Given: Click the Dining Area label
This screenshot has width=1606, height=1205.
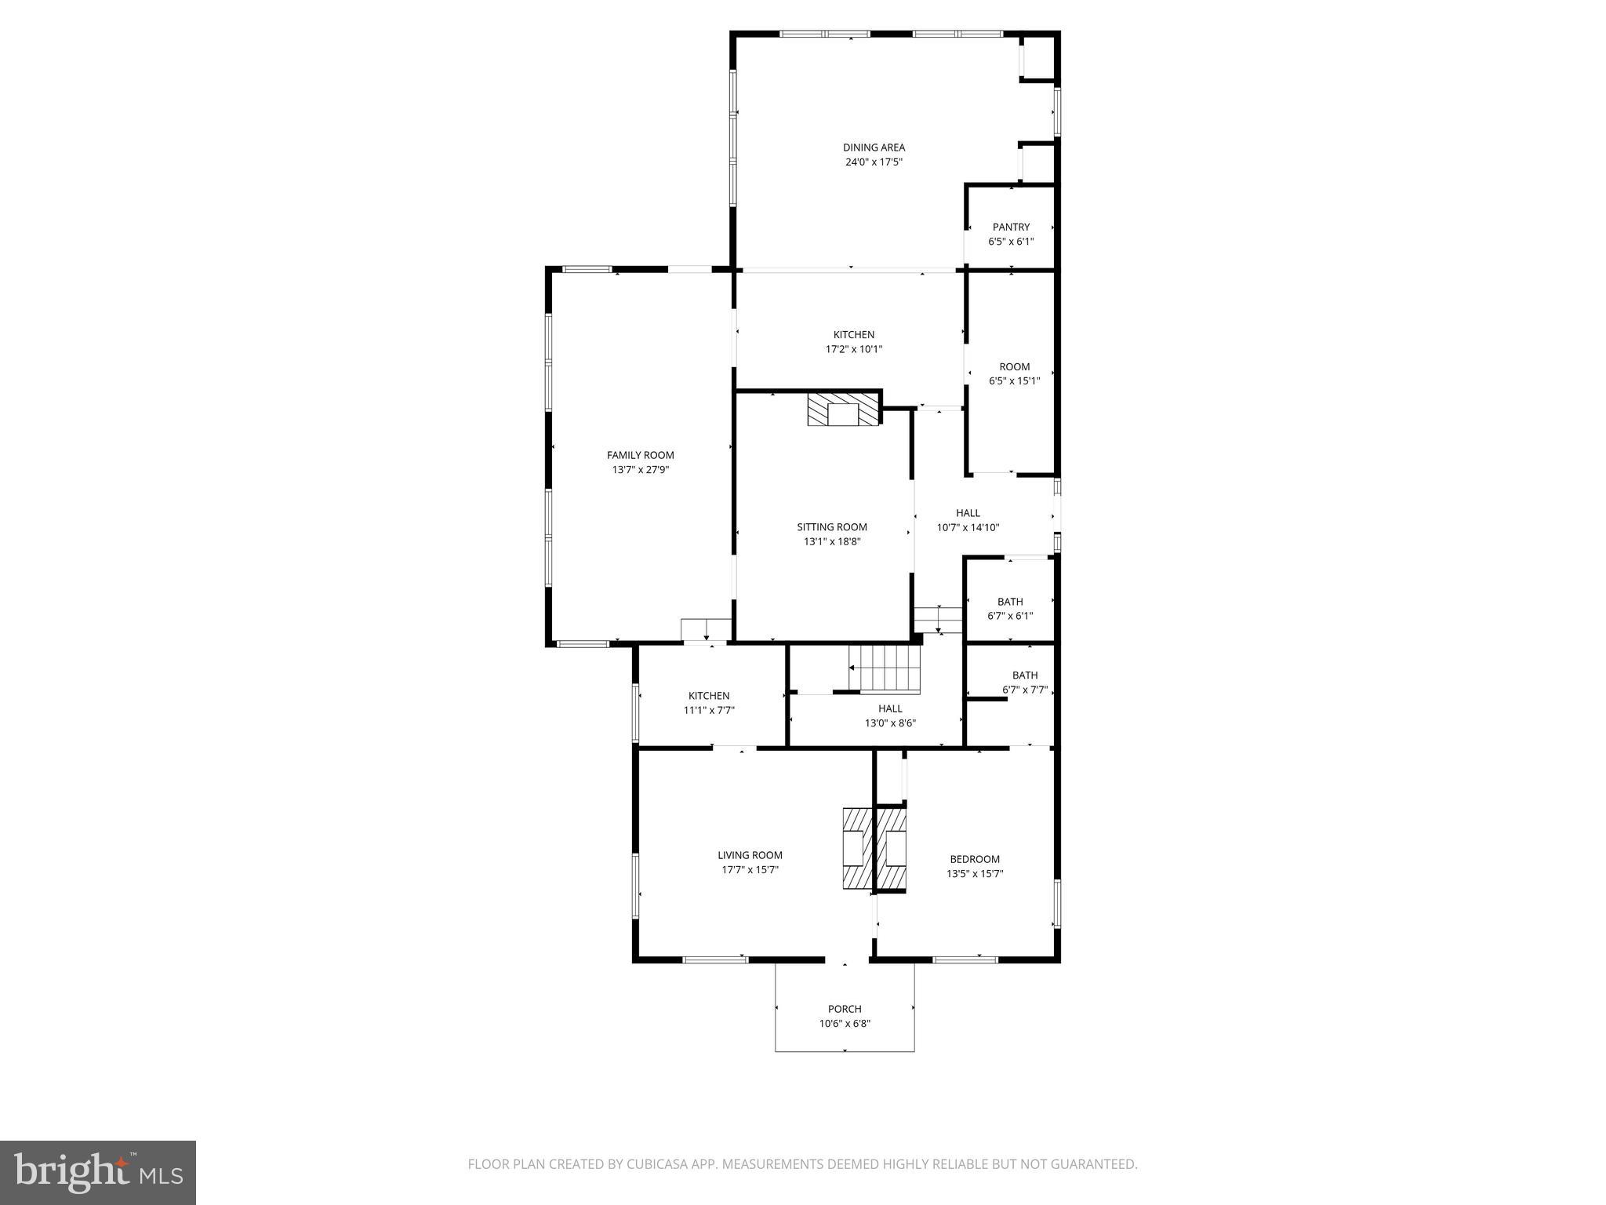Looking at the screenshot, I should pyautogui.click(x=874, y=147).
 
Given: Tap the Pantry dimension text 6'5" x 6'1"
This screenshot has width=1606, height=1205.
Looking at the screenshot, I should pyautogui.click(x=1011, y=242).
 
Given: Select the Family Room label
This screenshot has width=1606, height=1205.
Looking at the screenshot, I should pyautogui.click(x=640, y=455).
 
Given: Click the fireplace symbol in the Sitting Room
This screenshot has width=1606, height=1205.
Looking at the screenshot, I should pyautogui.click(x=844, y=410).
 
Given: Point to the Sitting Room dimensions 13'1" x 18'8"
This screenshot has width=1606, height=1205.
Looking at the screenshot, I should pyautogui.click(x=832, y=541).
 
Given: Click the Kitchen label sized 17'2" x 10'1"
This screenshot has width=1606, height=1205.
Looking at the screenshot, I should pyautogui.click(x=853, y=335).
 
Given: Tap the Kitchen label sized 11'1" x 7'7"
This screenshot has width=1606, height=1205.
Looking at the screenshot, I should pyautogui.click(x=708, y=696).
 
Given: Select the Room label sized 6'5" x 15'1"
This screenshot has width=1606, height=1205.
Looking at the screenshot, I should pyautogui.click(x=1014, y=367).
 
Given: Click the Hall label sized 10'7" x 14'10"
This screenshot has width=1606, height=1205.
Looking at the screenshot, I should pyautogui.click(x=968, y=513).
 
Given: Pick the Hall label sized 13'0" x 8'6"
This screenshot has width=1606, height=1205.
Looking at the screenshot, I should pyautogui.click(x=890, y=708).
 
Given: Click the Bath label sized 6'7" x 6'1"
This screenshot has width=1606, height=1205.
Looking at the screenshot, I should pyautogui.click(x=1010, y=602).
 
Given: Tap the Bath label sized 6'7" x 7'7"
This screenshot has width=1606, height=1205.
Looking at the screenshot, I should pyautogui.click(x=1024, y=675).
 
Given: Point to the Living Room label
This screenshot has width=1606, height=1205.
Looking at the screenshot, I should pyautogui.click(x=750, y=855).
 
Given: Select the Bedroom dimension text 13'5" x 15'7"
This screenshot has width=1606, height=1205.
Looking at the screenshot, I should pyautogui.click(x=975, y=873).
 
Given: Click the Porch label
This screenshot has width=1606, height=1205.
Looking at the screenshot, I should pyautogui.click(x=845, y=1009).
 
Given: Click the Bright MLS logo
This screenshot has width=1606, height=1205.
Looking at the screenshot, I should pyautogui.click(x=98, y=1173).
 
